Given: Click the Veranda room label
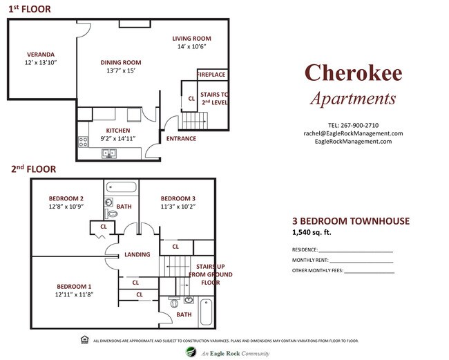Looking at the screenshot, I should pyautogui.click(x=41, y=54).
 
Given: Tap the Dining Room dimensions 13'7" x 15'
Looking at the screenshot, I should pyautogui.click(x=120, y=71).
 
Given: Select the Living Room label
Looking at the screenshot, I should pyautogui.click(x=191, y=39).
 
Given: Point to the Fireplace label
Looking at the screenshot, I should pyautogui.click(x=211, y=75).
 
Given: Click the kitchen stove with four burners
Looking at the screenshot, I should pyautogui.click(x=83, y=142).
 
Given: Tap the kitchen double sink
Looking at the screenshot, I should pyautogui.click(x=109, y=153).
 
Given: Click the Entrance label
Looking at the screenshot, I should pyautogui.click(x=181, y=138).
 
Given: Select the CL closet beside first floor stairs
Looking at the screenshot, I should pyautogui.click(x=191, y=99).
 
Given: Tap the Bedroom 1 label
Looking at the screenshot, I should pyautogui.click(x=74, y=286).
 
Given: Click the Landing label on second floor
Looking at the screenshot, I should pyautogui.click(x=137, y=254).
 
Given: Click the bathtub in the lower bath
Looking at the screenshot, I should pyautogui.click(x=206, y=312).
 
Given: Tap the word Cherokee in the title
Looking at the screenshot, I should pyautogui.click(x=353, y=73).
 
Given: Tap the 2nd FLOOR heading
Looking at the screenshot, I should pyautogui.click(x=33, y=169).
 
